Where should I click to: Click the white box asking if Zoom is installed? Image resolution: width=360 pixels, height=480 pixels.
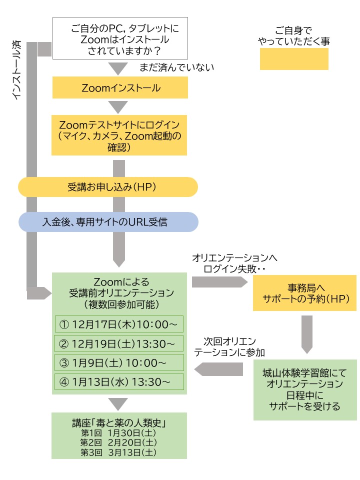pos(120,37)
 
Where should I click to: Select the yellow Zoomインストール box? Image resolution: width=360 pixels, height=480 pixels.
pos(120,88)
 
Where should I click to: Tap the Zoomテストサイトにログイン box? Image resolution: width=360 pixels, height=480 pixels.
pos(120,135)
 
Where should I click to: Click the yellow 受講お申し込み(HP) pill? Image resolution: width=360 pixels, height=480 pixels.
pos(108,187)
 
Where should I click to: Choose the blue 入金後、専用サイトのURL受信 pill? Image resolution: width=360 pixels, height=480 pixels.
pos(108,222)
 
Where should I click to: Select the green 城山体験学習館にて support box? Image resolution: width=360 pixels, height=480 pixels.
pos(304,389)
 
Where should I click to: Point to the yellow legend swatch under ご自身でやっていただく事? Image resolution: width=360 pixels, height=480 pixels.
pos(293,59)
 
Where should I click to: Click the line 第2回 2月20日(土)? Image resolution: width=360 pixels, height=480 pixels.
pos(119,442)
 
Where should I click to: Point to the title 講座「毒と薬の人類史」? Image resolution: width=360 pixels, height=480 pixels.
pos(119,423)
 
